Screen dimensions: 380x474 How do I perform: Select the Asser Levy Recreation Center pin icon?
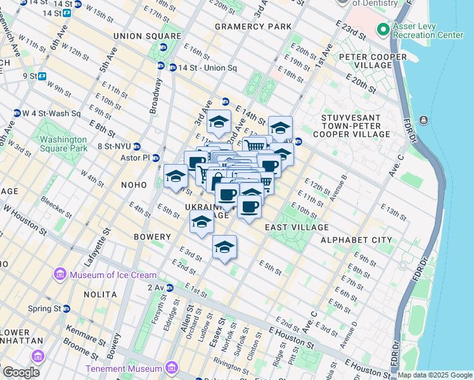(x=383, y=30)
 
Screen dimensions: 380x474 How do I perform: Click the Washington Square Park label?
(x=61, y=143)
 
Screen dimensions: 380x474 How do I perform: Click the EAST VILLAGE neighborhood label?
(x=297, y=227)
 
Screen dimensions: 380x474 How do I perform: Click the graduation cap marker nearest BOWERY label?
(x=202, y=222)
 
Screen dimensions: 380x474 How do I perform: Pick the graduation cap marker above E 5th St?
(x=224, y=247)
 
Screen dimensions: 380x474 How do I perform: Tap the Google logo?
(x=22, y=372)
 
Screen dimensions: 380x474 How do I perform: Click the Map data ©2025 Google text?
(x=434, y=375)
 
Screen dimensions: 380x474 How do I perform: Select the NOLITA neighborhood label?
(x=99, y=294)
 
